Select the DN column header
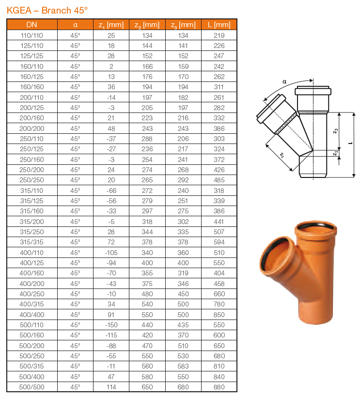(31, 25)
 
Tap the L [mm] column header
(219, 25)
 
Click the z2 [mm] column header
(147, 25)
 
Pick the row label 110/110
(31, 35)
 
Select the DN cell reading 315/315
(31, 242)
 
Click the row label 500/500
(31, 387)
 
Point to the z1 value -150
(111, 325)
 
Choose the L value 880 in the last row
(219, 387)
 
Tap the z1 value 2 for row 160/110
(111, 66)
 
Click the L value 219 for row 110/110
(219, 35)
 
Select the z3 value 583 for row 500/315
(183, 366)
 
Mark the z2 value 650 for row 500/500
(147, 387)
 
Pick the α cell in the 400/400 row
(75, 315)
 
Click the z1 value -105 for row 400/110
(111, 253)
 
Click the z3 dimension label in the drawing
(335, 132)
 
